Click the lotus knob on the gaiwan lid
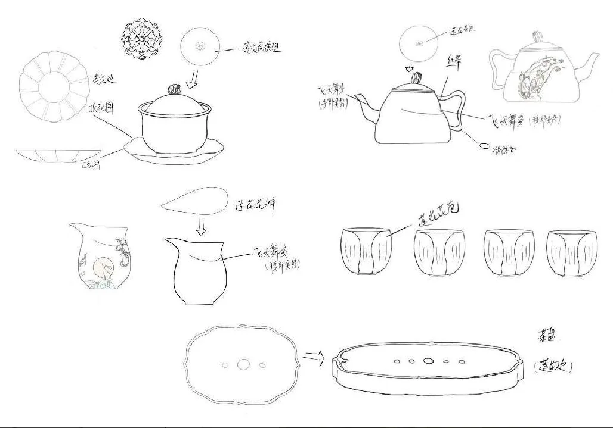[174, 89]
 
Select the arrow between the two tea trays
[312, 357]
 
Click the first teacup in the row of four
[364, 251]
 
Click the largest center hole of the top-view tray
[243, 364]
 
